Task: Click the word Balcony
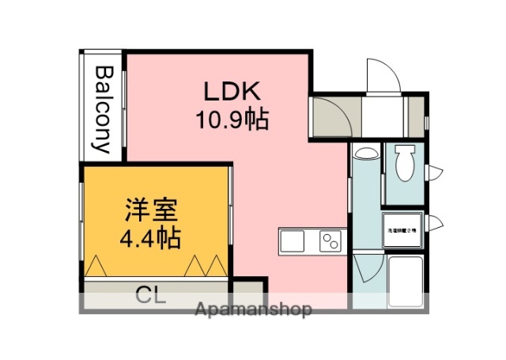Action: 103,109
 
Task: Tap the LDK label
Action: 232,92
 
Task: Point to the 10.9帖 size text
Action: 232,120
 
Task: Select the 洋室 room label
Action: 149,210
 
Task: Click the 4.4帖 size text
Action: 149,237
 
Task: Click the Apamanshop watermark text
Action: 253,309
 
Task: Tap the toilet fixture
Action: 405,163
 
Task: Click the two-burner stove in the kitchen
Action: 330,241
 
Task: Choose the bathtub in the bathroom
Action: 406,283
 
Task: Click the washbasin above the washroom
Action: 365,153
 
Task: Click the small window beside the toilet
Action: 437,170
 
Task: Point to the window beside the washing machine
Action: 437,223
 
